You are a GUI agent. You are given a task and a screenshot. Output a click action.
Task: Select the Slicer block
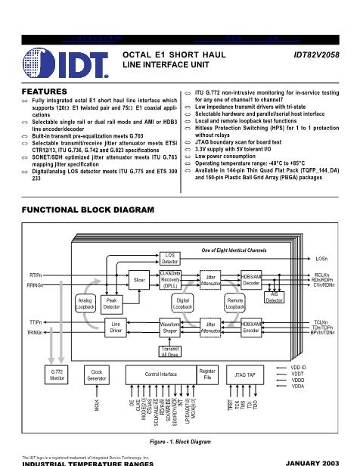click(139, 280)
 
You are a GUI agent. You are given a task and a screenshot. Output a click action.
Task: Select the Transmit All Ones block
click(170, 350)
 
